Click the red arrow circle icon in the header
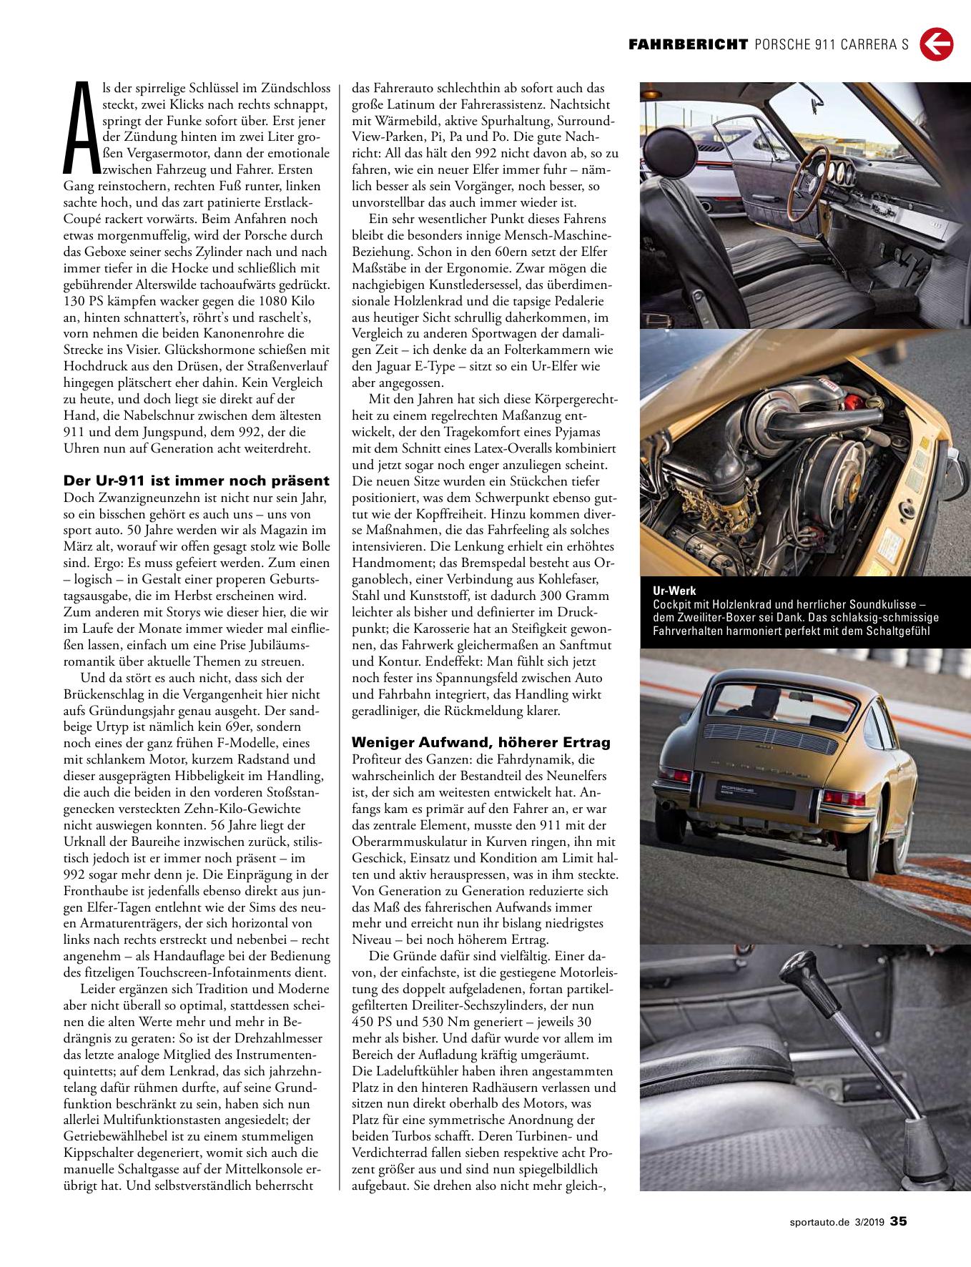click(936, 44)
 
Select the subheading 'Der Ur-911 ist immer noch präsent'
click(197, 480)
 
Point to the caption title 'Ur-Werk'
click(674, 591)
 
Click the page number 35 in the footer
click(898, 1221)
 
